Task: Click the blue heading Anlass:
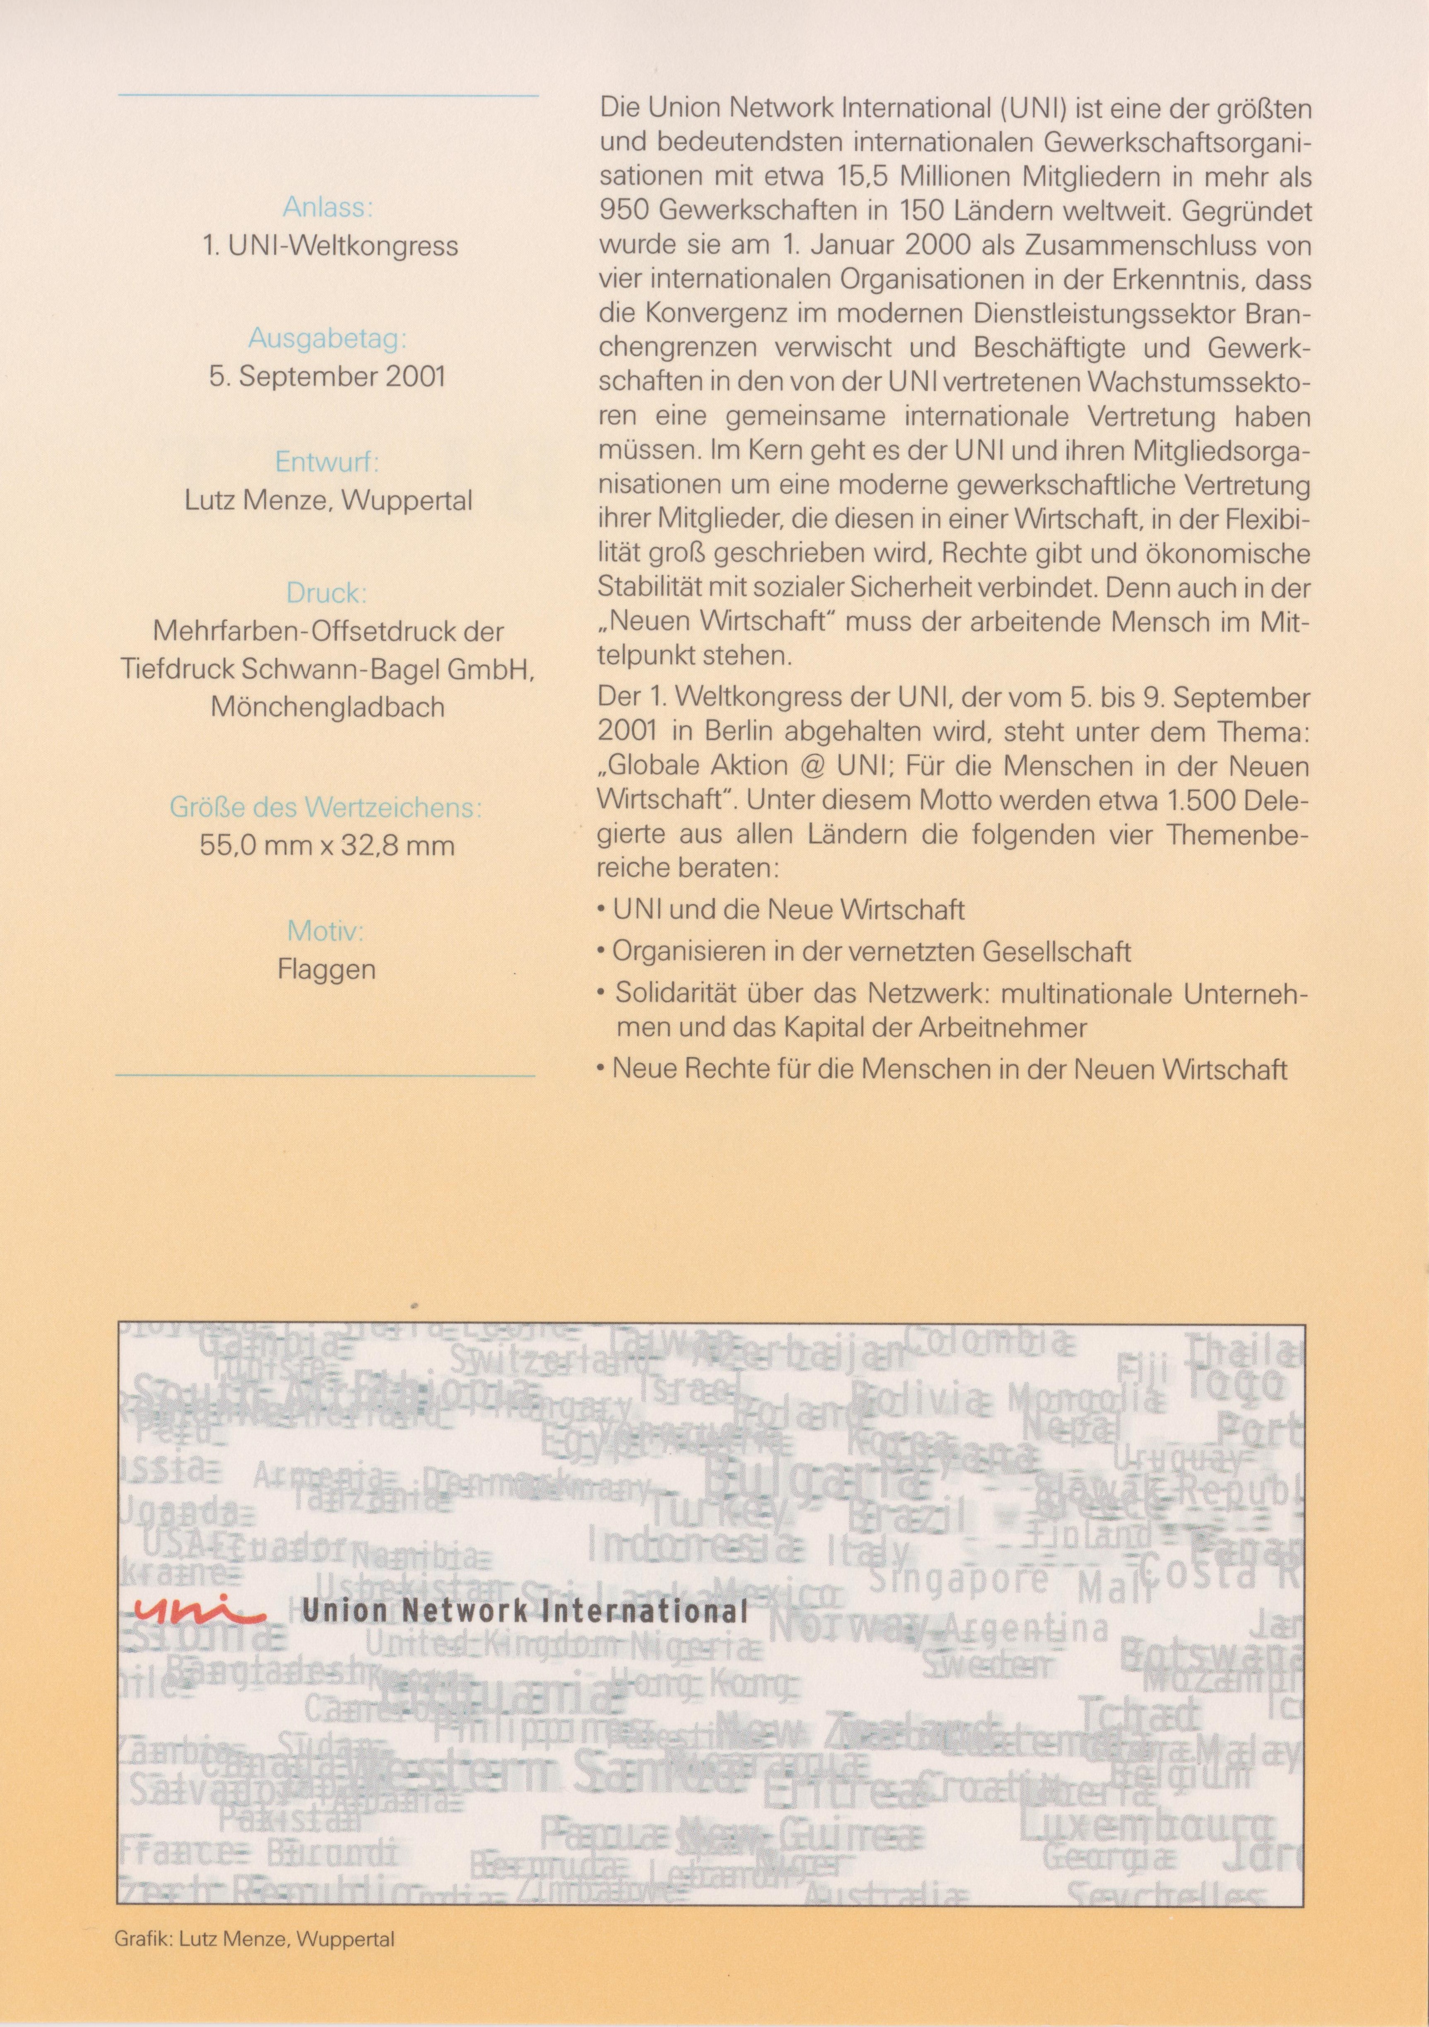pos(327,208)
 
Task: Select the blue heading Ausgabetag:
pos(327,339)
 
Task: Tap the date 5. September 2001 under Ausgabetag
pos(327,377)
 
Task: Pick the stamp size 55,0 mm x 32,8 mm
pos(327,846)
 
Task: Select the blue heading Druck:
pos(327,592)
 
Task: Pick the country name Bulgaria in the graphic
pos(816,1477)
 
